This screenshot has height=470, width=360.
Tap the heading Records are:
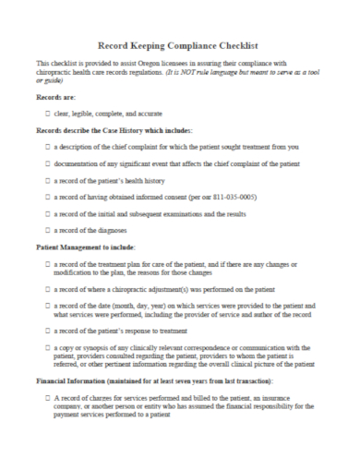[x=55, y=96]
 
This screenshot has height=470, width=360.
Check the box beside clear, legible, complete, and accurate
[x=47, y=113]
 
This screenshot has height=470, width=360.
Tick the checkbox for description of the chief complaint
[x=47, y=146]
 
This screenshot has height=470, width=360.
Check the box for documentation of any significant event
[x=47, y=163]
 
